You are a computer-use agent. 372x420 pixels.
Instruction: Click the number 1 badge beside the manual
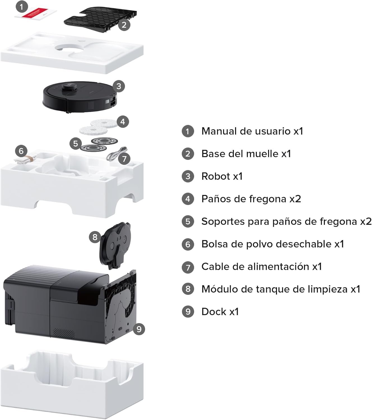(x=22, y=7)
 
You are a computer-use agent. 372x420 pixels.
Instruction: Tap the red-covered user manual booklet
(x=36, y=14)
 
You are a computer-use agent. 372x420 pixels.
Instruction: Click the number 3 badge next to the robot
(x=118, y=86)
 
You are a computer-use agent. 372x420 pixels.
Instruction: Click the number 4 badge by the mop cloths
(x=123, y=122)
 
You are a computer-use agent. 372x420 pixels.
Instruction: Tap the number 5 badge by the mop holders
(x=75, y=143)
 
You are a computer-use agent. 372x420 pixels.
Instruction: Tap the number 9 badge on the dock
(x=139, y=329)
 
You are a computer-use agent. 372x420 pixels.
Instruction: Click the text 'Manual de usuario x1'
(x=252, y=131)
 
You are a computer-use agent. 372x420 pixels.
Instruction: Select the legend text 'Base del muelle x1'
(x=246, y=154)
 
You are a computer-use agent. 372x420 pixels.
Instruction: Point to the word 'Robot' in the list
(x=216, y=176)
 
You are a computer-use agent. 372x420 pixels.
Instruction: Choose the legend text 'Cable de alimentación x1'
(x=262, y=267)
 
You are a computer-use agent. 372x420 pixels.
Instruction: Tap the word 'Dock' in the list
(x=214, y=312)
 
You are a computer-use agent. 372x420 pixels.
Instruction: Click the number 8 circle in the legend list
(x=188, y=289)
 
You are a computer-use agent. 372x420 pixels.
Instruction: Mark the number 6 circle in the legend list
(x=188, y=244)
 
